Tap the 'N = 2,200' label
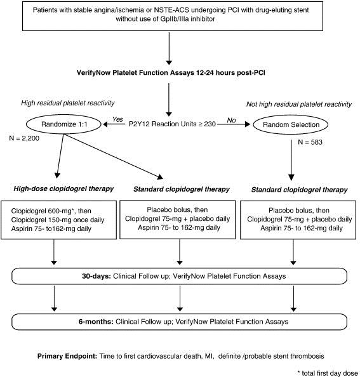coord(24,138)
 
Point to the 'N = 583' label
coord(310,142)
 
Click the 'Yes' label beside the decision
coord(117,119)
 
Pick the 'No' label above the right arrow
coord(231,120)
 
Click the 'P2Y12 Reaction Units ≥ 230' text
coord(172,124)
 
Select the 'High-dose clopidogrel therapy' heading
coord(63,189)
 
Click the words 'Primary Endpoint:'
coord(67,356)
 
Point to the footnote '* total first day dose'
coord(328,373)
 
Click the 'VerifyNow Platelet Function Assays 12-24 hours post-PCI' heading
coord(171,72)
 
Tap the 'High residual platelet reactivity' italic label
coord(68,103)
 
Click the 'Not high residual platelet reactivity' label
coord(299,104)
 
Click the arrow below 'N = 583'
coord(291,160)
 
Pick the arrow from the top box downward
coord(169,49)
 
